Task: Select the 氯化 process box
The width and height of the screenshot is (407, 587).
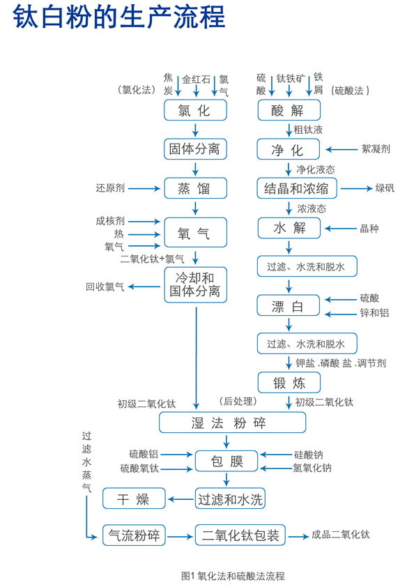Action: pyautogui.click(x=196, y=109)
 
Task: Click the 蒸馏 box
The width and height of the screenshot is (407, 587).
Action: pyautogui.click(x=196, y=188)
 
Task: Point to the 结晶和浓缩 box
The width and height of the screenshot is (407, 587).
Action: pyautogui.click(x=297, y=188)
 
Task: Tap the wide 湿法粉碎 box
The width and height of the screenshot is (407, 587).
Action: pyautogui.click(x=233, y=422)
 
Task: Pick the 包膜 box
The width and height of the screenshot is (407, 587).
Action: pyautogui.click(x=226, y=461)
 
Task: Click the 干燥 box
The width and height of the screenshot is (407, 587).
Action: pyautogui.click(x=135, y=498)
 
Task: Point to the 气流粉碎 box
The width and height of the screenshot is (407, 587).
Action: pyautogui.click(x=134, y=535)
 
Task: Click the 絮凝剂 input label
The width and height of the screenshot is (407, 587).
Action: pyautogui.click(x=376, y=148)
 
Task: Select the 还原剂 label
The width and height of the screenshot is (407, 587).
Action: pyautogui.click(x=110, y=188)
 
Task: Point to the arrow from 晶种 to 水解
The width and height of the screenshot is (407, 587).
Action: pyautogui.click(x=339, y=228)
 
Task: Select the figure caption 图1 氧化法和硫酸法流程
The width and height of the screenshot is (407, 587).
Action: pyautogui.click(x=232, y=575)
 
